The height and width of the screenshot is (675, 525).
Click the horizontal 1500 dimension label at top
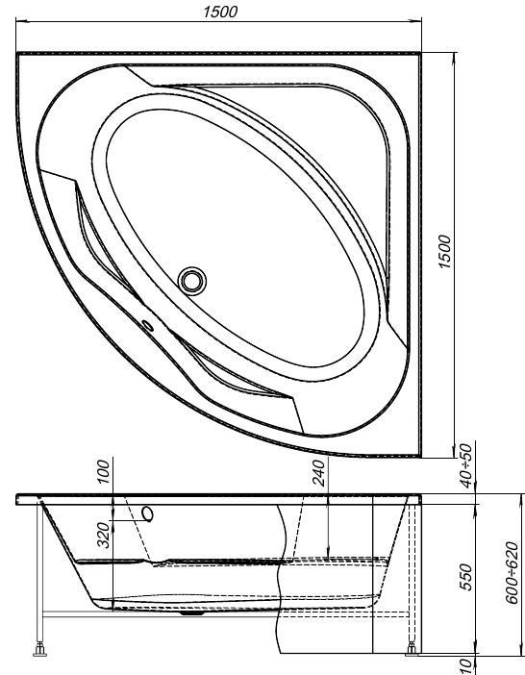[x=220, y=12]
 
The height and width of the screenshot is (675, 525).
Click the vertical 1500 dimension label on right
[x=444, y=251]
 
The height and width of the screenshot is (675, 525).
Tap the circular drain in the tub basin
[x=192, y=281]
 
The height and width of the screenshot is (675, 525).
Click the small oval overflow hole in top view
[x=148, y=326]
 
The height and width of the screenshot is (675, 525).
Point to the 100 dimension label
[x=103, y=471]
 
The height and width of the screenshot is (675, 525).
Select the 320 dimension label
[x=103, y=535]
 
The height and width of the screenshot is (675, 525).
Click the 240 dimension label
[x=318, y=473]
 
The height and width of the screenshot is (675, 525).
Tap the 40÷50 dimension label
[x=466, y=465]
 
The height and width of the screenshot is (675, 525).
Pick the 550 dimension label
[x=466, y=577]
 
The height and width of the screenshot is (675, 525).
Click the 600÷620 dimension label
[x=512, y=572]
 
